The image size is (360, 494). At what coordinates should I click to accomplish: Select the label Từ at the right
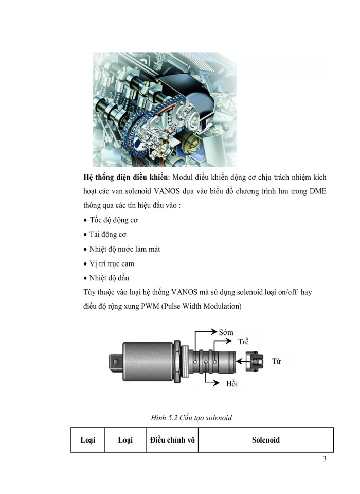coord(277,361)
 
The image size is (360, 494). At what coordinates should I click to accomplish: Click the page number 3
coord(325,460)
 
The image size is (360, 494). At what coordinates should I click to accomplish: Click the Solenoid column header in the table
coord(266,440)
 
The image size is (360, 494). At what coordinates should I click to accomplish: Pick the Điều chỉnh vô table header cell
coord(172,440)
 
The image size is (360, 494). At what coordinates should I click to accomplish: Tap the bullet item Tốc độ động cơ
coord(114,220)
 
